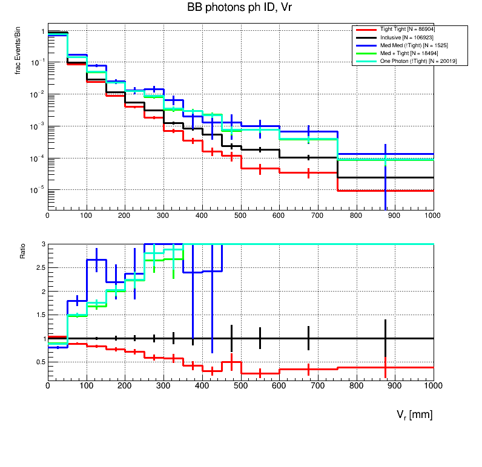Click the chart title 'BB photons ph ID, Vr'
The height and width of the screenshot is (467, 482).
coord(241,8)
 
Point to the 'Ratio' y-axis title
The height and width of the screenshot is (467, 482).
coord(23,251)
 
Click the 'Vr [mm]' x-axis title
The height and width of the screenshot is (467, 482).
coord(414,414)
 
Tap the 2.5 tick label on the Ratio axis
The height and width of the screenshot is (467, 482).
coord(38,267)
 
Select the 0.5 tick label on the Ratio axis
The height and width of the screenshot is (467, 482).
coord(38,362)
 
